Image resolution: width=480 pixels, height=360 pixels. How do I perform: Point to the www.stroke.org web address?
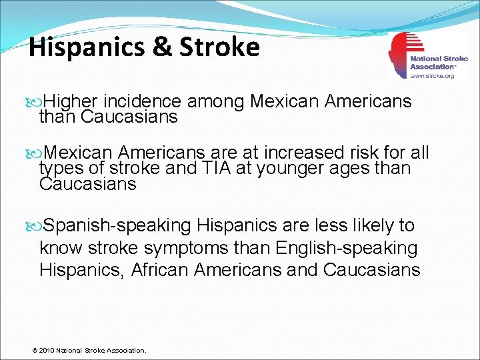[x=432, y=76]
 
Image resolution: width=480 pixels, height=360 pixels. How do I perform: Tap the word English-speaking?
[x=346, y=248]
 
